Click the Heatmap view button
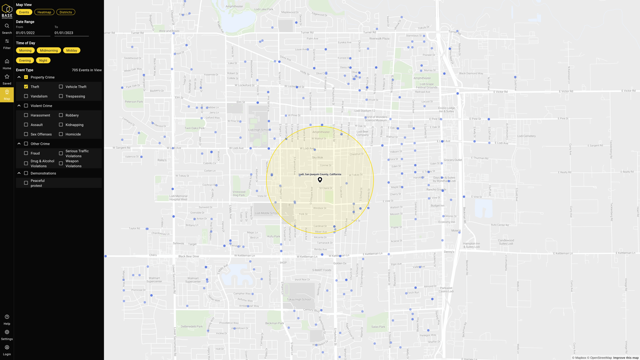pos(44,12)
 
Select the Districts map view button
pos(66,12)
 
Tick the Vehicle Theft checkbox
pos(61,87)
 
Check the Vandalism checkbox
pos(26,96)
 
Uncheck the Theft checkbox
pos(26,87)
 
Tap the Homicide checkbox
pos(61,134)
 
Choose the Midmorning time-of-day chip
pos(49,50)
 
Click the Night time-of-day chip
pos(43,60)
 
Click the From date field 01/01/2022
pos(33,33)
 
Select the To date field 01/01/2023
pos(71,33)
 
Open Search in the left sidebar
pos(7,28)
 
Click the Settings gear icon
pos(7,332)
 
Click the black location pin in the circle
pos(320,180)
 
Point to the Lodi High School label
pos(259,130)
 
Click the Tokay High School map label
pos(299,299)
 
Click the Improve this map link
pos(626,358)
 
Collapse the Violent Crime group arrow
pos(19,106)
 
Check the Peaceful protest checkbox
pos(26,183)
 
